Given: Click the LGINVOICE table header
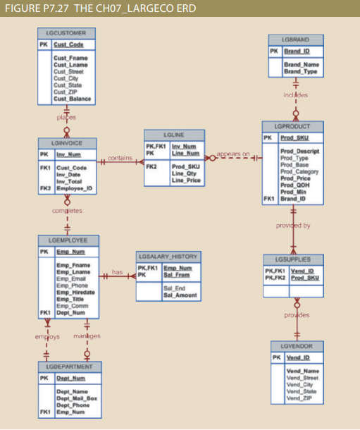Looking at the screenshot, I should coord(67,142).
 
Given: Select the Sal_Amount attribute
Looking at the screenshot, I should coord(178,295).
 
